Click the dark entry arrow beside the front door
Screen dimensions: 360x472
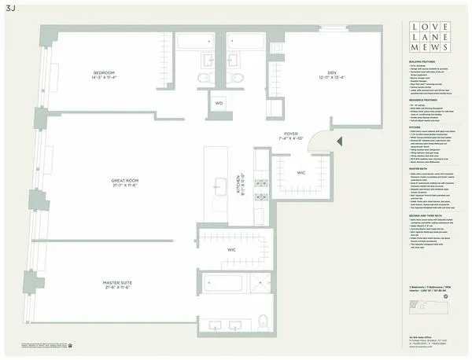point(339,141)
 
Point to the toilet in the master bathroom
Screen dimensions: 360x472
point(264,321)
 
